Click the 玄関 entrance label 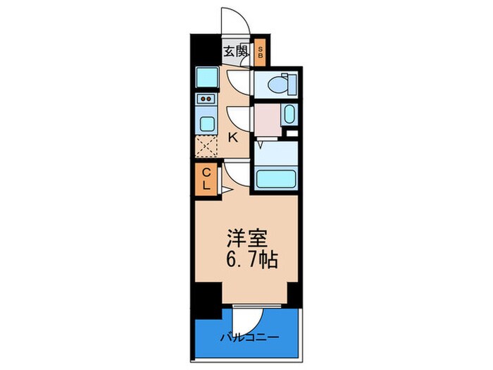[236, 51]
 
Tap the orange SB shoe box [260, 51]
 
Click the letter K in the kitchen [233, 137]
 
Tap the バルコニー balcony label [248, 337]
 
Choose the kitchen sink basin [207, 124]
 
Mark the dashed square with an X [207, 148]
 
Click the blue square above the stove [207, 76]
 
